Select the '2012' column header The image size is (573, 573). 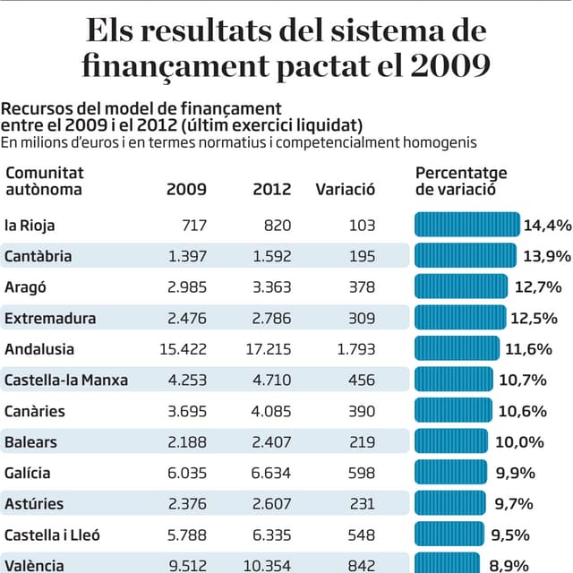click(x=272, y=190)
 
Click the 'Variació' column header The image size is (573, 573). click(x=346, y=190)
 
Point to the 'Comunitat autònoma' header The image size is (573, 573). click(x=44, y=181)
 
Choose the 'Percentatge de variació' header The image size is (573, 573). click(x=461, y=181)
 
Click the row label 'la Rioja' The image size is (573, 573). click(x=30, y=226)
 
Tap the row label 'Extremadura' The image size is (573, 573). click(x=50, y=318)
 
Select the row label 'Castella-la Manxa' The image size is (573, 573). click(x=66, y=380)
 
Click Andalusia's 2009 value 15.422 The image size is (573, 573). click(x=183, y=349)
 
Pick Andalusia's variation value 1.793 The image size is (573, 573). click(x=356, y=349)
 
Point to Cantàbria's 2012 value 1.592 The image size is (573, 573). click(x=272, y=257)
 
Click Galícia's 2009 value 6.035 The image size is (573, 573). click(x=187, y=473)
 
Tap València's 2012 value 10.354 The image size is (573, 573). click(x=268, y=565)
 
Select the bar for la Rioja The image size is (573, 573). click(x=466, y=225)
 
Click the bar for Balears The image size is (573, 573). click(x=451, y=441)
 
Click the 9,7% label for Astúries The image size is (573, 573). click(x=515, y=504)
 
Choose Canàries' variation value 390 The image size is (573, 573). click(x=362, y=411)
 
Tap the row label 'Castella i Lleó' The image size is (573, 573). click(x=52, y=535)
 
